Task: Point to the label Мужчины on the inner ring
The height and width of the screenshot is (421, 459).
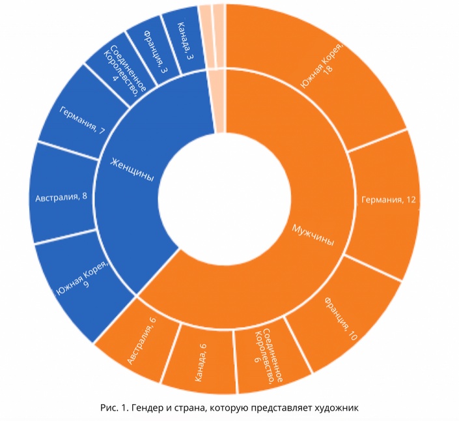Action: click(x=312, y=235)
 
